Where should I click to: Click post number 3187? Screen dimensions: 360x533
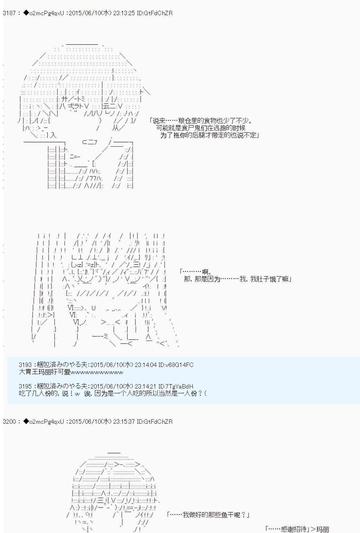click(x=9, y=13)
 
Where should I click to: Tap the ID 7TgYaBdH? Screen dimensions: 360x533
click(x=179, y=386)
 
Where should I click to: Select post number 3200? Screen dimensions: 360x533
click(x=9, y=422)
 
